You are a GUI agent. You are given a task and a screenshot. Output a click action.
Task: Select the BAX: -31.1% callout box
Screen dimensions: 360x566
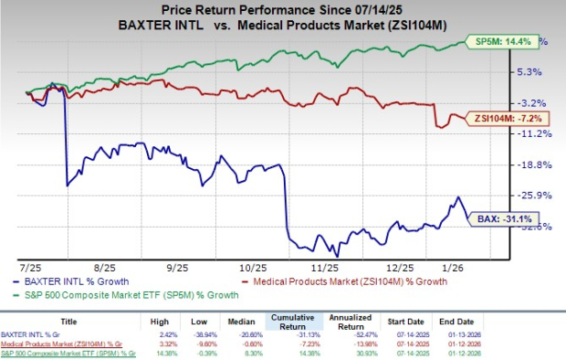click(501, 219)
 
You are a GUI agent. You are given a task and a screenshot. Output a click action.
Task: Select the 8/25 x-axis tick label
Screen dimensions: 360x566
click(105, 270)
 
